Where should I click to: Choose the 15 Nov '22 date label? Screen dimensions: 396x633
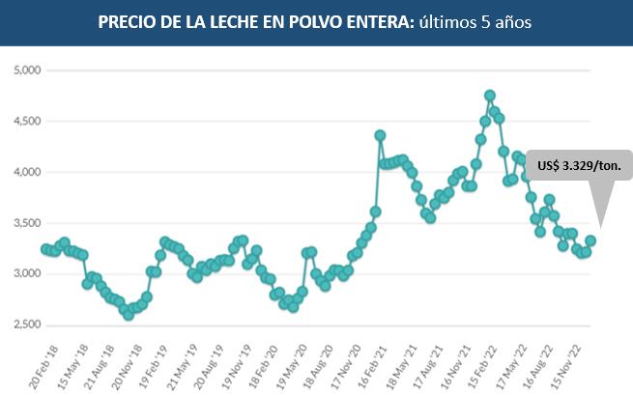point(565,362)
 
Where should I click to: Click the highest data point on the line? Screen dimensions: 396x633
point(490,96)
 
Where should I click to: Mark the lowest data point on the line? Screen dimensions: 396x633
point(129,315)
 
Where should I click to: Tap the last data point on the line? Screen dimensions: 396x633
point(590,240)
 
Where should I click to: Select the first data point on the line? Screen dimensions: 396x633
point(45,248)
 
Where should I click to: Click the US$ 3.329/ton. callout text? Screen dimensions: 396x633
point(580,165)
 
